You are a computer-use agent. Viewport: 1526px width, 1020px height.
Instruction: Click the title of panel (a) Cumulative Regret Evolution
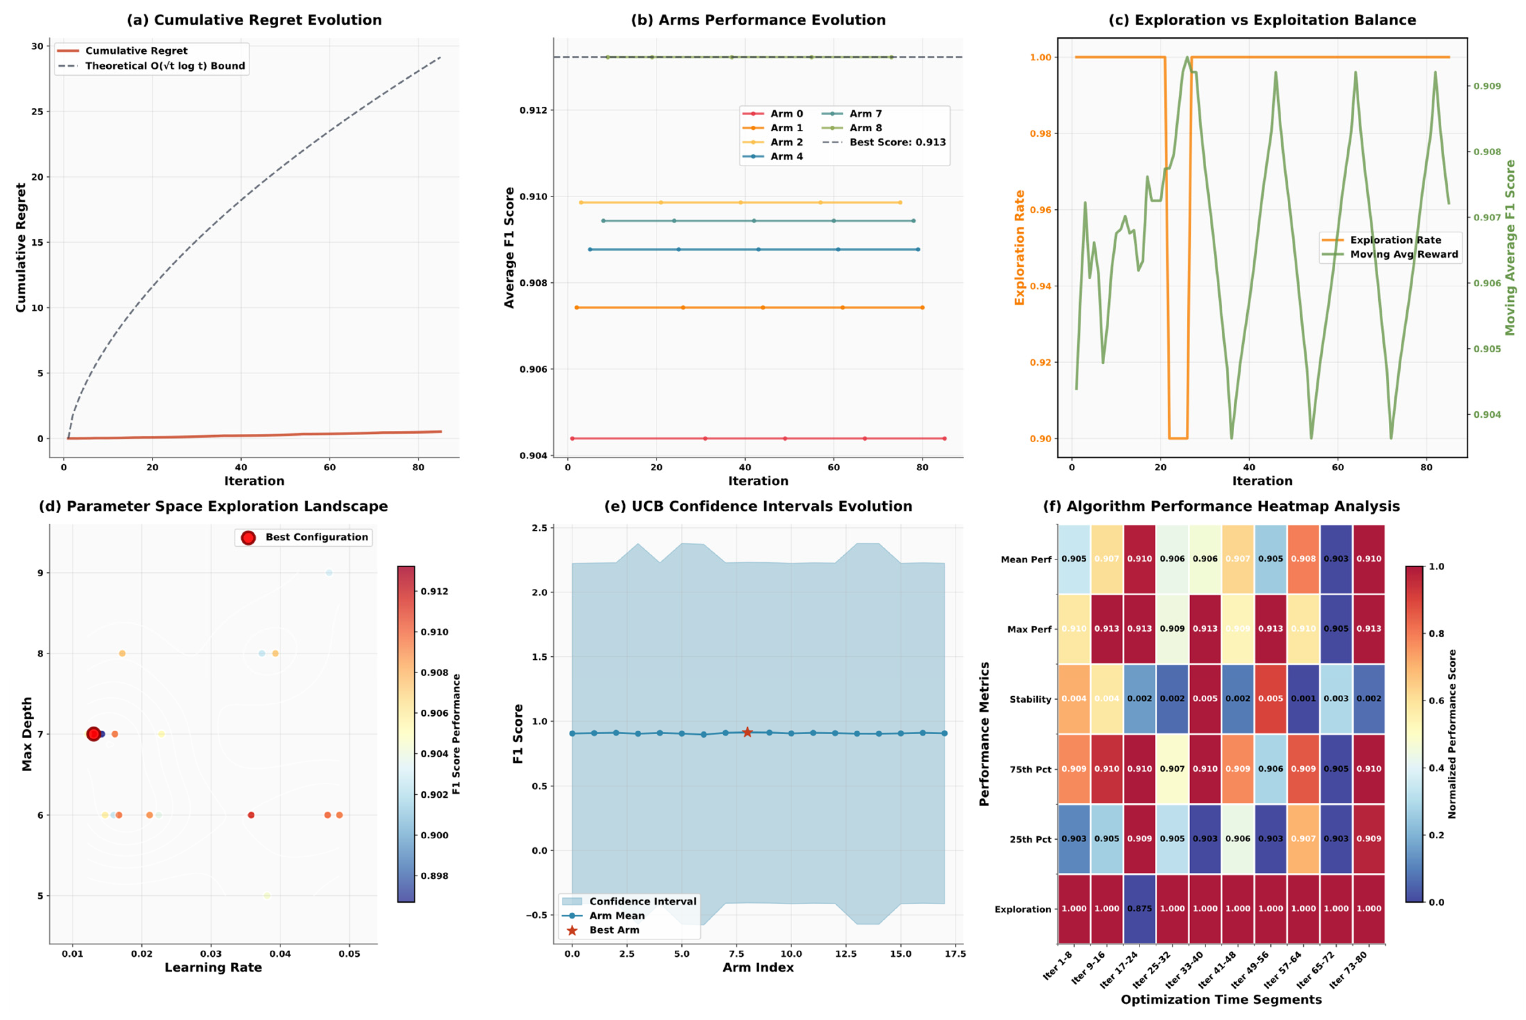tap(254, 20)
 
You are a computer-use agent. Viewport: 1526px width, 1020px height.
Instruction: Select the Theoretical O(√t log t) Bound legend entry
tap(164, 66)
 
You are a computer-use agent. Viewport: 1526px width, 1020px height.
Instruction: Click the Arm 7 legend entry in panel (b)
tap(865, 114)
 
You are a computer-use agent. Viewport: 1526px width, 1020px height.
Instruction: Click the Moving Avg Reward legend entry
tap(1404, 254)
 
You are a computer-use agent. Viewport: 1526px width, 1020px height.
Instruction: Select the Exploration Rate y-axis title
tap(1019, 247)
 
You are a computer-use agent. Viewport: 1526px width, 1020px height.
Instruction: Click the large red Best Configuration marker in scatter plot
tap(94, 734)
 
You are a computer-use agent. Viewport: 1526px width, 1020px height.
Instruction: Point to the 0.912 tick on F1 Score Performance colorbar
tap(434, 591)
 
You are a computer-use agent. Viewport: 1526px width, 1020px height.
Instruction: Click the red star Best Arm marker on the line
tap(748, 732)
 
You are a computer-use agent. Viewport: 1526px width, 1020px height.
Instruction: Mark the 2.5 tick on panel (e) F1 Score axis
tap(540, 528)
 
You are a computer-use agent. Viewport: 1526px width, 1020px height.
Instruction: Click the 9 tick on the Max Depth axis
tap(40, 573)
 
